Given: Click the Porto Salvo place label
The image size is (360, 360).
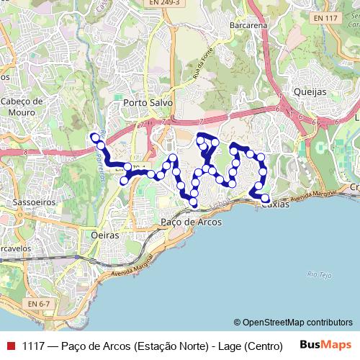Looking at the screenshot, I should coord(148,103).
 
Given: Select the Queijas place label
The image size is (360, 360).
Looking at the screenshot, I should coord(310,91).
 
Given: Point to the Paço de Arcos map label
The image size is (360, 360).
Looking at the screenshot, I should coord(192,222).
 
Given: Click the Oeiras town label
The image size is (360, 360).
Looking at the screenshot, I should coord(105,235).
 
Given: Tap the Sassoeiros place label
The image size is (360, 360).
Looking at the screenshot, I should coord(34,203).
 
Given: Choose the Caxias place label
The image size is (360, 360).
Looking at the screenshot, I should coord(275,204).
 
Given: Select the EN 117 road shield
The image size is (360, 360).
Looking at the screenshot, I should coord(325,17).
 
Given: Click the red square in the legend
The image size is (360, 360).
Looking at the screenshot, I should coord(10,345).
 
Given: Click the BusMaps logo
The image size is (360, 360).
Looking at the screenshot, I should coord(326,345).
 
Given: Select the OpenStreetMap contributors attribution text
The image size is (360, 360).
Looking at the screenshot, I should coord(293,323).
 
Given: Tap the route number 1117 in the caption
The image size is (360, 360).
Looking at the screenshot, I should coord(35,345).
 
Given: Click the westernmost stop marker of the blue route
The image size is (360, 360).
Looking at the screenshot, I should coord(93,137).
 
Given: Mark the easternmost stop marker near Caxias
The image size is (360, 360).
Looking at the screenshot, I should coord(266,197).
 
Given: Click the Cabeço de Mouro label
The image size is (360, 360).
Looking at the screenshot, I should coord(22,107).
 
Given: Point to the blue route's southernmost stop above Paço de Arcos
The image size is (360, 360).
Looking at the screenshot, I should coord(193,202).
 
